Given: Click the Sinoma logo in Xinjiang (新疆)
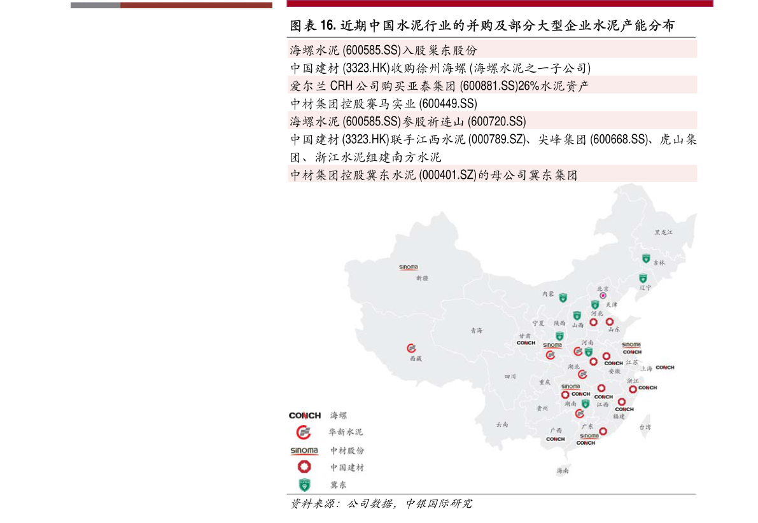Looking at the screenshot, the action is coord(409,268).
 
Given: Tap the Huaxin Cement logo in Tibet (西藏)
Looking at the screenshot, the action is coord(411,348).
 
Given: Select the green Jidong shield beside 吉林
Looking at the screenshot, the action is coord(646,259).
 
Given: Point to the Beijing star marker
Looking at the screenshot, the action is coord(603,296).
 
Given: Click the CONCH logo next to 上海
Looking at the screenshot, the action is coord(664,367).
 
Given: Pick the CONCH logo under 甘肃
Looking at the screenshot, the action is coord(526,343).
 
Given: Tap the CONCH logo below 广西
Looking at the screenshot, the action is coord(555,439).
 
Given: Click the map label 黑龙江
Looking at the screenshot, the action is coord(663,233).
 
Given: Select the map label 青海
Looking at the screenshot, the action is coord(477,330).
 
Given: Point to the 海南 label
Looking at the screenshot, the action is coord(562,471).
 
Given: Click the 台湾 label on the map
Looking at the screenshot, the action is coord(645,427).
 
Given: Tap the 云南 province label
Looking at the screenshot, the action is coord(502,424).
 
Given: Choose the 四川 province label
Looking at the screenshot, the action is coord(510,377).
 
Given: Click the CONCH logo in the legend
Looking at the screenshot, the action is coord(305,415).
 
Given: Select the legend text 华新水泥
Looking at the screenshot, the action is coord(346,432).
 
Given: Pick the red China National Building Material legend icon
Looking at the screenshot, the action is coord(304,467).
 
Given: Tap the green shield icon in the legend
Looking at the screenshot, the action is coord(304,484).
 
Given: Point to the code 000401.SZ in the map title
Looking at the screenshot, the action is coord(448,175).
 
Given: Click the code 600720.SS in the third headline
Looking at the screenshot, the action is coord(496,121).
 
